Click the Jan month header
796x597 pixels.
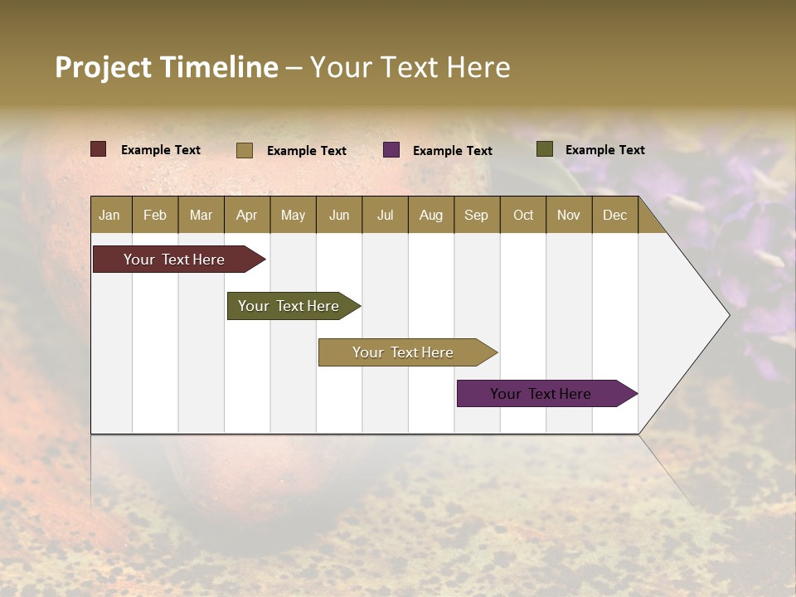point(110,215)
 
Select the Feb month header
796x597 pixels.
point(155,215)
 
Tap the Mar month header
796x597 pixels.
point(201,215)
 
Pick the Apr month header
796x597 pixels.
point(247,215)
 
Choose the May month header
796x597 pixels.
point(293,215)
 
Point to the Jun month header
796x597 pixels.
point(339,215)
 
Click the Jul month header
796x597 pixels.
point(385,215)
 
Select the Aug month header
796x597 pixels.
point(431,215)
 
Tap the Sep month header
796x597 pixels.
point(477,215)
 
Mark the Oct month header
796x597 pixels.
point(523,215)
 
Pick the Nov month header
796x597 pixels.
point(569,215)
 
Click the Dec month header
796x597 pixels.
point(615,215)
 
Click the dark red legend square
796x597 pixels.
point(99,149)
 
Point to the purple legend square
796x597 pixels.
point(391,150)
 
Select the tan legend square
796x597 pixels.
point(245,150)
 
